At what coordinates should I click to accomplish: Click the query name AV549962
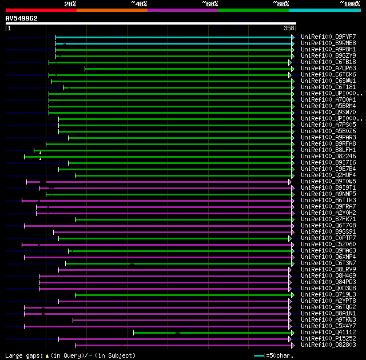point(22,18)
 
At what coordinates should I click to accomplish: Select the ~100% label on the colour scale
point(349,3)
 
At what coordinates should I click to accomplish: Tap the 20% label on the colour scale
point(70,3)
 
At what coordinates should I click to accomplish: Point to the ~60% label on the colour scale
point(210,3)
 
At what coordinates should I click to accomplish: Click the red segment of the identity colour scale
point(41,10)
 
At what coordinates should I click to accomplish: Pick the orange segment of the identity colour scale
point(112,10)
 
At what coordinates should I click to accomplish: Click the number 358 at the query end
point(289,28)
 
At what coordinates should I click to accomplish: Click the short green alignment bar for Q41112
point(212,332)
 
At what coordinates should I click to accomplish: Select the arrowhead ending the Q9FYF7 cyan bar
point(293,37)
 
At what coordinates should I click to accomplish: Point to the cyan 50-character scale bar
point(259,355)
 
